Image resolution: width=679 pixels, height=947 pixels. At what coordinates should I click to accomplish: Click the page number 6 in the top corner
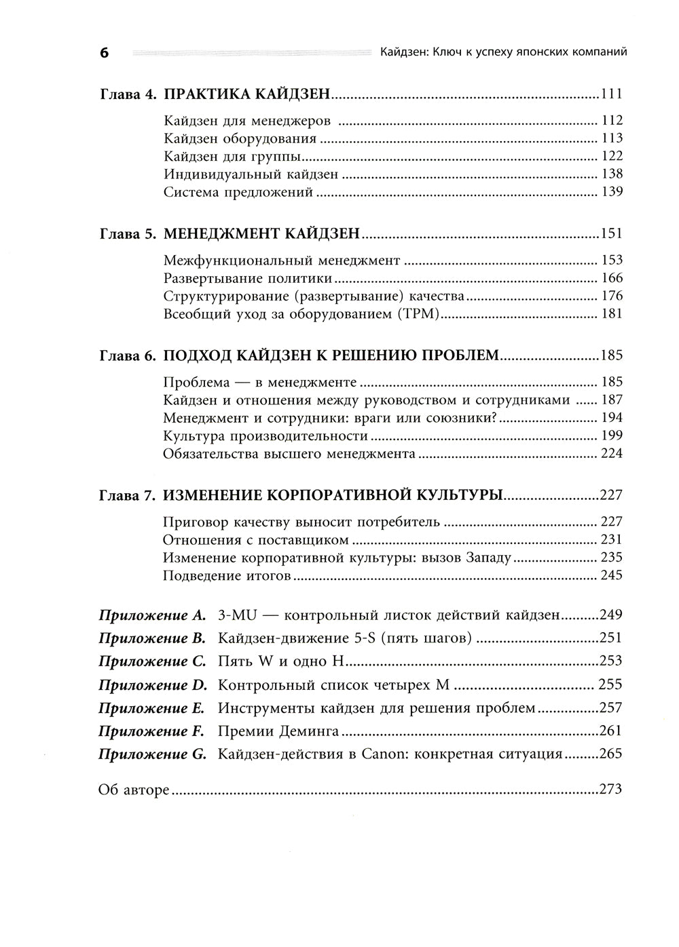104,53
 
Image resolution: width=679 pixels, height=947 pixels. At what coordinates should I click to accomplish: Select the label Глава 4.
128,94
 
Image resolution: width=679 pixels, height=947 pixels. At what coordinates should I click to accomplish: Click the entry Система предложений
238,192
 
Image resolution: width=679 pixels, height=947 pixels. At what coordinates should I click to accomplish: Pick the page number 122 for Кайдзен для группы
612,156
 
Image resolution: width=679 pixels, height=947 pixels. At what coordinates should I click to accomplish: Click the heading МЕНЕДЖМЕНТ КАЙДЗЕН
261,234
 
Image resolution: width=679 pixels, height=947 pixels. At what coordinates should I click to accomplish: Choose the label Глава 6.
128,355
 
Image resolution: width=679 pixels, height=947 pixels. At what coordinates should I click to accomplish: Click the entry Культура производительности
265,436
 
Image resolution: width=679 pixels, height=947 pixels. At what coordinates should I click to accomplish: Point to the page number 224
611,453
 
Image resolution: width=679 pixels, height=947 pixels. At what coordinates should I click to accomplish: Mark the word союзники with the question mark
466,418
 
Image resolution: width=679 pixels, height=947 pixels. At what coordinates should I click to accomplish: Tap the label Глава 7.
128,495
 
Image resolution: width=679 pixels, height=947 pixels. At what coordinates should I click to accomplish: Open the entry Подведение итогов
227,575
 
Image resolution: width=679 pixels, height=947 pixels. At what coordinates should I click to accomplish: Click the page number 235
611,558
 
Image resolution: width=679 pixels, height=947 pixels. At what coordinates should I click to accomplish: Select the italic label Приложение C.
151,661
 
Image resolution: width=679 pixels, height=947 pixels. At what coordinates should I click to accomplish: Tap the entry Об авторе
134,790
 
